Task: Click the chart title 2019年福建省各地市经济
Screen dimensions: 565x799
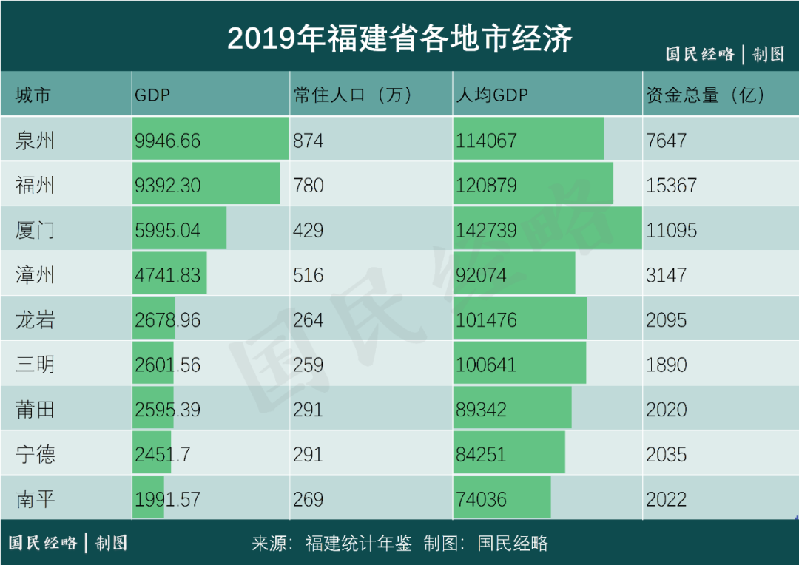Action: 399,38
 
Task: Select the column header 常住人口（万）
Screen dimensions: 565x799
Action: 352,95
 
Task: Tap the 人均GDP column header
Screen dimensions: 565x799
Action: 492,95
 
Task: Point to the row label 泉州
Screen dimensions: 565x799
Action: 35,141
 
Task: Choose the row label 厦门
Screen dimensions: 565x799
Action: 35,230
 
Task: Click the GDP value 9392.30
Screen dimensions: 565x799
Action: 168,186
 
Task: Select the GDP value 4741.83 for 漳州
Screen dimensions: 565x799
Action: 168,275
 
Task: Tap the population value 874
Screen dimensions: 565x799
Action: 308,141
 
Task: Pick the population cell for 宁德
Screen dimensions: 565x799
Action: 308,454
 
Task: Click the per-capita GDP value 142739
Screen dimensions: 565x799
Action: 486,230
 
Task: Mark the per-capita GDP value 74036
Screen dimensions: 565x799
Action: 481,499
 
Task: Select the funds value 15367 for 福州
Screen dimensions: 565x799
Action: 671,186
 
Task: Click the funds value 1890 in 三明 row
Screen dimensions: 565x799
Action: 667,365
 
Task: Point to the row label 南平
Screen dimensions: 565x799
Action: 35,499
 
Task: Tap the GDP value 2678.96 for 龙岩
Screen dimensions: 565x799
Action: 168,320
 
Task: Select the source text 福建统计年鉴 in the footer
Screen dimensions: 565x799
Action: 358,544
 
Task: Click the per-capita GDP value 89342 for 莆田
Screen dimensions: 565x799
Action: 481,410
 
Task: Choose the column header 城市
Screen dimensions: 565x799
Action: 33,95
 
